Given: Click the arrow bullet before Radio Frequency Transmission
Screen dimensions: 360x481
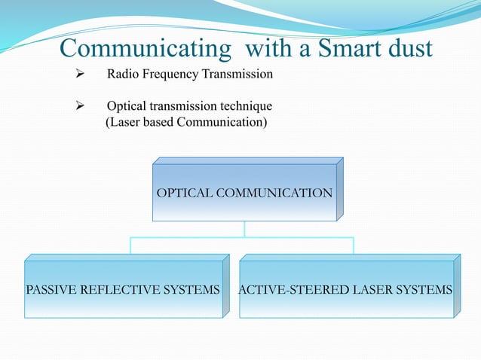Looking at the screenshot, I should tap(76, 75).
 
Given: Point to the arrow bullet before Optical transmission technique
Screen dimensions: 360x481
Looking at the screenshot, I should tap(76, 106).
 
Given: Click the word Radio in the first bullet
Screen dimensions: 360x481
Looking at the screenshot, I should tap(121, 75).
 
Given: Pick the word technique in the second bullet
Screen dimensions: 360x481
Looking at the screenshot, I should tap(246, 106).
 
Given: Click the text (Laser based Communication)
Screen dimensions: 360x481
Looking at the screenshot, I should tap(185, 121).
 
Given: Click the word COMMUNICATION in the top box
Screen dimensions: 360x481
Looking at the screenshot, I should tap(274, 194).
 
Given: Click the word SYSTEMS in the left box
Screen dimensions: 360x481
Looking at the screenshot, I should tap(194, 290).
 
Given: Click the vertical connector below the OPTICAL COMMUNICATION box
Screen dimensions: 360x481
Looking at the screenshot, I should tap(244, 229).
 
